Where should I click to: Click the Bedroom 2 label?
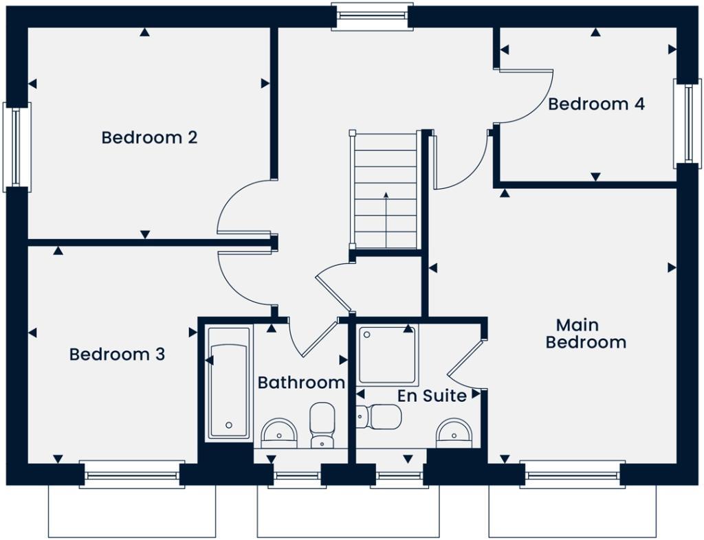(x=149, y=137)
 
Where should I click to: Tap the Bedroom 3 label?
(x=117, y=355)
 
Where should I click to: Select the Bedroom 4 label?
(x=596, y=104)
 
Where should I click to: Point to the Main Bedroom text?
(x=586, y=333)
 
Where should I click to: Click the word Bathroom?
(x=301, y=383)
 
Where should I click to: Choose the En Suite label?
(x=432, y=396)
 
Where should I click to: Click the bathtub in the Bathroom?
(x=229, y=383)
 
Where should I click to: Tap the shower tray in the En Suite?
(x=387, y=355)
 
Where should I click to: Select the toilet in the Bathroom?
(x=322, y=425)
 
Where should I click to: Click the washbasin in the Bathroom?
(x=279, y=433)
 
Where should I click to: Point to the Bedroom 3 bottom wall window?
(x=132, y=474)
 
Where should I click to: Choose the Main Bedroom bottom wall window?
(x=573, y=474)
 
